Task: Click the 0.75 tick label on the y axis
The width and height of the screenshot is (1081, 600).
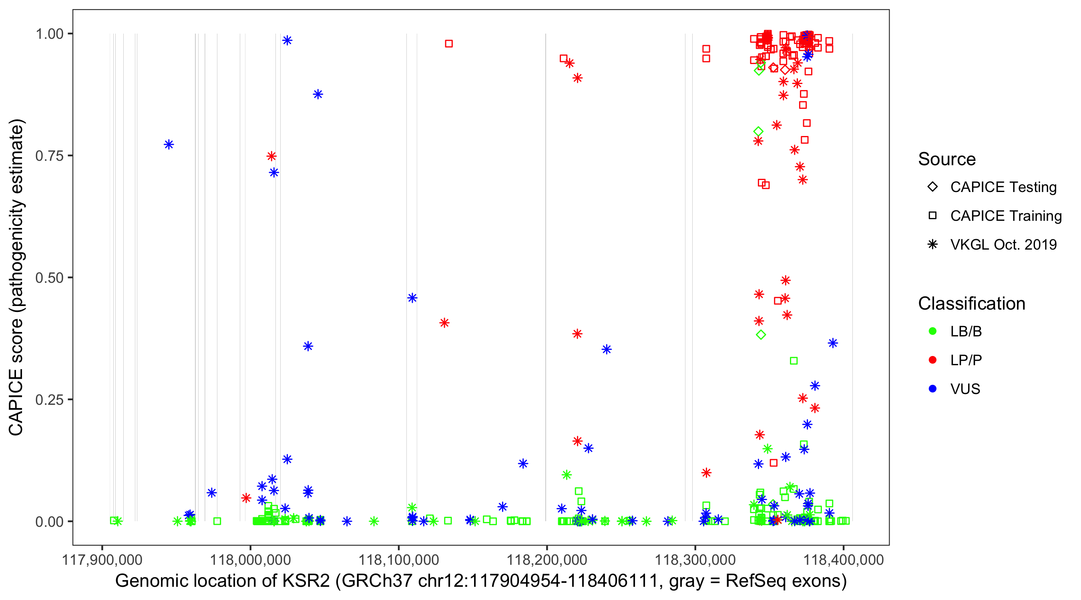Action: [x=49, y=156]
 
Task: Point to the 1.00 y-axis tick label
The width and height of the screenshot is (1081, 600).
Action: [x=49, y=34]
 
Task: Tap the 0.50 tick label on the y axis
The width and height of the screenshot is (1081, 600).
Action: [x=49, y=278]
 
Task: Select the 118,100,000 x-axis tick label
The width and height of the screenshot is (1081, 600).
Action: [x=398, y=560]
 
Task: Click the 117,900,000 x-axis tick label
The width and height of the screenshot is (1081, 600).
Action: [x=102, y=560]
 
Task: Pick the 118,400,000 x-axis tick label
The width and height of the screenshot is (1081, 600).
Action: [x=844, y=560]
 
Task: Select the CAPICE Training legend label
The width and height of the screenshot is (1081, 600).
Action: [x=1005, y=216]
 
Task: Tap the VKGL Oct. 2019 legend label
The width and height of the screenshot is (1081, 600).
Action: [x=1003, y=245]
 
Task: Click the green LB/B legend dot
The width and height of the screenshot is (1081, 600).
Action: [x=932, y=331]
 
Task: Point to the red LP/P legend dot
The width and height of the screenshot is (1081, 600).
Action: [x=932, y=360]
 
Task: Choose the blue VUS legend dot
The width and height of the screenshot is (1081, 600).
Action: [x=932, y=389]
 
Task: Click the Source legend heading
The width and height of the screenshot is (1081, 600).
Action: [x=947, y=159]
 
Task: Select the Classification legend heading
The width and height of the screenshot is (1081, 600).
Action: [x=971, y=304]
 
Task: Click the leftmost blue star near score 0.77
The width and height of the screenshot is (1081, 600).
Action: [x=169, y=145]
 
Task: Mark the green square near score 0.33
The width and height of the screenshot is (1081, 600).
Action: [x=794, y=361]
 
